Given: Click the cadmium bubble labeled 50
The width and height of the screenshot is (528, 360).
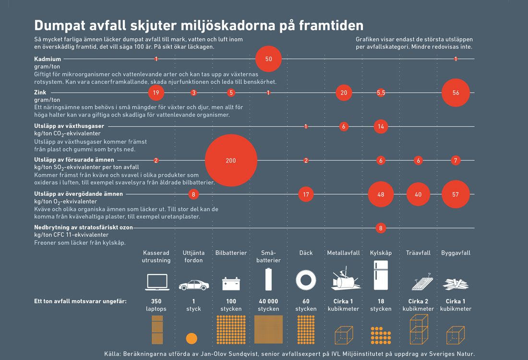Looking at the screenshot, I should click(x=268, y=59).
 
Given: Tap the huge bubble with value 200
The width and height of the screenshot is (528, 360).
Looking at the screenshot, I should click(x=231, y=160).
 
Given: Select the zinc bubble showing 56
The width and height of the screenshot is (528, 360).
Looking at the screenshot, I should click(x=456, y=93).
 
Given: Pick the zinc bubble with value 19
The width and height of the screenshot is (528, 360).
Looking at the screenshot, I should click(x=156, y=93).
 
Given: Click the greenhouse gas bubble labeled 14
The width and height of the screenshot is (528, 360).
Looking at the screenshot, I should click(x=381, y=127).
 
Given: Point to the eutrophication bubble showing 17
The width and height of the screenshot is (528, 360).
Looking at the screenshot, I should click(x=306, y=194).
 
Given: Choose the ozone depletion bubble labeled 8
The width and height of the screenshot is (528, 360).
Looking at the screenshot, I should click(x=381, y=228).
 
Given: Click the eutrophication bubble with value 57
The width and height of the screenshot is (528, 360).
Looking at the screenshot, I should click(x=456, y=194).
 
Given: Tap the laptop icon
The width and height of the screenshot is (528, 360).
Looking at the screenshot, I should click(x=156, y=282).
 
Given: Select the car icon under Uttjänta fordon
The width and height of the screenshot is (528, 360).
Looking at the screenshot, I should click(x=193, y=285).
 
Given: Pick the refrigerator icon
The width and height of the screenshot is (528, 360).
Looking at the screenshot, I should click(x=381, y=275).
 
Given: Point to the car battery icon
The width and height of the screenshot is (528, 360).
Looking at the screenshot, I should click(x=231, y=283).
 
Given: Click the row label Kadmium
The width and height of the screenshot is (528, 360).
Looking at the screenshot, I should click(x=48, y=59).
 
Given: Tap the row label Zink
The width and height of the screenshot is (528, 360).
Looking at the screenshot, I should click(x=40, y=93).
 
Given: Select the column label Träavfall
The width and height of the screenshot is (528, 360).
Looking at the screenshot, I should click(x=418, y=253).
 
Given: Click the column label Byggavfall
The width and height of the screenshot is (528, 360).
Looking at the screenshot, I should click(x=456, y=253).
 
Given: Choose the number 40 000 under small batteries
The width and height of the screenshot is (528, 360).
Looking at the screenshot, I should click(x=268, y=301).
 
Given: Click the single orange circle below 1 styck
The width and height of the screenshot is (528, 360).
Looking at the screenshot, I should click(x=192, y=338).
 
